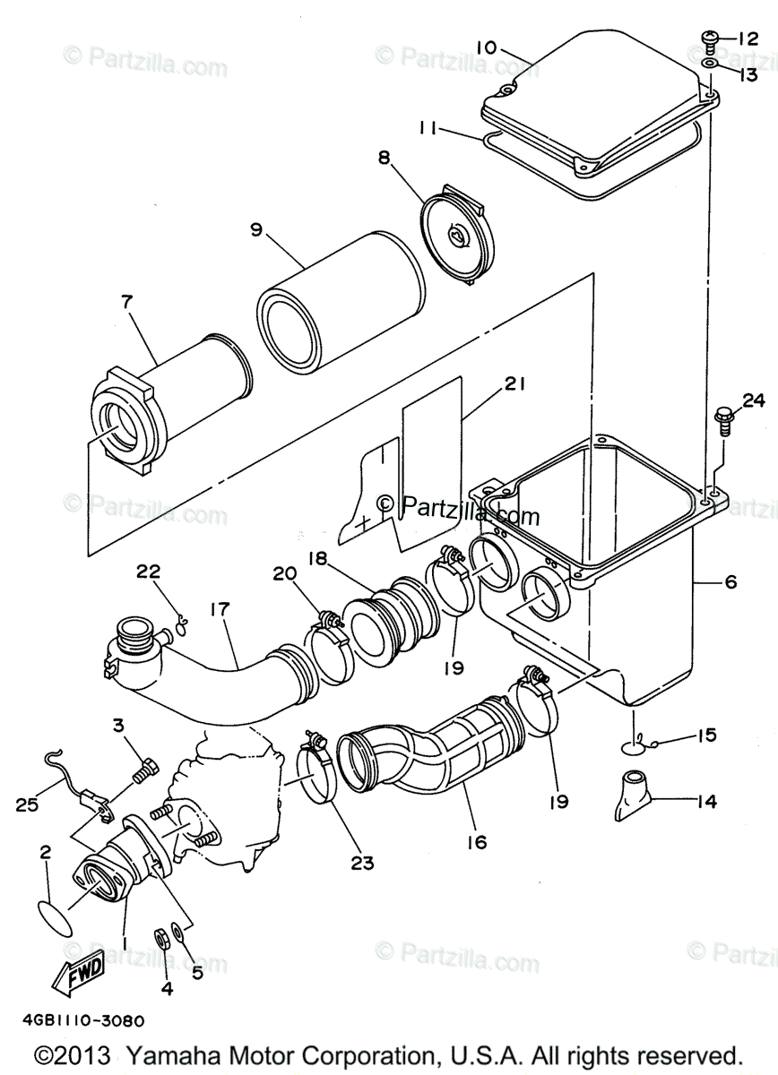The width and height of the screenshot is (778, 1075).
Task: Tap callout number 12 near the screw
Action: coord(748,39)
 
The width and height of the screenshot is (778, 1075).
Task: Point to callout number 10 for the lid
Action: coord(486,46)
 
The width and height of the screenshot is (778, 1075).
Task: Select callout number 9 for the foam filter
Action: coord(255,230)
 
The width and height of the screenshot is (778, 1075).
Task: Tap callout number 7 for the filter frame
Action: coord(126,302)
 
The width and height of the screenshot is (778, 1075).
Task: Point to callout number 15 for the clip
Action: coord(706,735)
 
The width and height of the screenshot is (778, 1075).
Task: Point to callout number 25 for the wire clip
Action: coord(25,804)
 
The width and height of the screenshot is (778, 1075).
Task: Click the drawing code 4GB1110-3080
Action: coord(77,1020)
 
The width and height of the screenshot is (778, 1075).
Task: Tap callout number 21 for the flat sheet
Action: coord(514,384)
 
